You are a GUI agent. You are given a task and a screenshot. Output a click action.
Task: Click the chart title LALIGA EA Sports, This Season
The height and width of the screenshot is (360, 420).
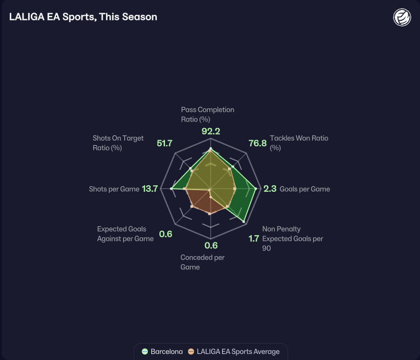(83, 17)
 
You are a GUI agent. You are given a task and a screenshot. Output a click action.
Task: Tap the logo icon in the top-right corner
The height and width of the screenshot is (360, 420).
(402, 17)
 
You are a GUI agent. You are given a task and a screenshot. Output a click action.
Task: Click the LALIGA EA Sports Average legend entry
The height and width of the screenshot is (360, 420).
(234, 351)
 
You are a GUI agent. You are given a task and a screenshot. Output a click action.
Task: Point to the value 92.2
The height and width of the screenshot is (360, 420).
(211, 131)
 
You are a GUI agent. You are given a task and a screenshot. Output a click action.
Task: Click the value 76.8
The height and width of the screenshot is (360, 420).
(257, 143)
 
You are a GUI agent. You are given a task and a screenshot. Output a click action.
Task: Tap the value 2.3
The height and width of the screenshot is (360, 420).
(270, 189)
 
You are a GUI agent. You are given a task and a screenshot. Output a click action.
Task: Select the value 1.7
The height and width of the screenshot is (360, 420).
(253, 239)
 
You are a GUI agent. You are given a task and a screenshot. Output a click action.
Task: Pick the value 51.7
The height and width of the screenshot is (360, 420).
(164, 143)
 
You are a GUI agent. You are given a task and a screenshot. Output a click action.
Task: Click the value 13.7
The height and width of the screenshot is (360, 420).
(150, 189)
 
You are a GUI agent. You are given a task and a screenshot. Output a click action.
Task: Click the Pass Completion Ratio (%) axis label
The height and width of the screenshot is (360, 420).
(207, 114)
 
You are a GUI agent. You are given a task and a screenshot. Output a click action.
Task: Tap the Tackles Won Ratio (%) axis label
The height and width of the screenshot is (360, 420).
(299, 143)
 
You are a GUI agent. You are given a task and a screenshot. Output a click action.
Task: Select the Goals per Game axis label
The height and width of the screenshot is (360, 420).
(305, 189)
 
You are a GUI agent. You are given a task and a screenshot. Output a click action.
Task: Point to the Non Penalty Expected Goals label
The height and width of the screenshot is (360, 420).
(292, 239)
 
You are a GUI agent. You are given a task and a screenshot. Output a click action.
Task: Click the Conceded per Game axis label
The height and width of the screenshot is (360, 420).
(202, 262)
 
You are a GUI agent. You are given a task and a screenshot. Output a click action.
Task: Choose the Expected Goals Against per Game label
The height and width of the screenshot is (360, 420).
(125, 234)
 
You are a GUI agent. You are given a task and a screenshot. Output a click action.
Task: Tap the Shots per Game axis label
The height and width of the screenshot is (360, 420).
(114, 189)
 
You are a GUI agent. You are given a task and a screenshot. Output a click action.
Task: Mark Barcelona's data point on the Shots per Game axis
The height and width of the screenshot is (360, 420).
(172, 189)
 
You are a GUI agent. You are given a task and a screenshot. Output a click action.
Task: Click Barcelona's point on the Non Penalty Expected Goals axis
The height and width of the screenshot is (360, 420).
(244, 221)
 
